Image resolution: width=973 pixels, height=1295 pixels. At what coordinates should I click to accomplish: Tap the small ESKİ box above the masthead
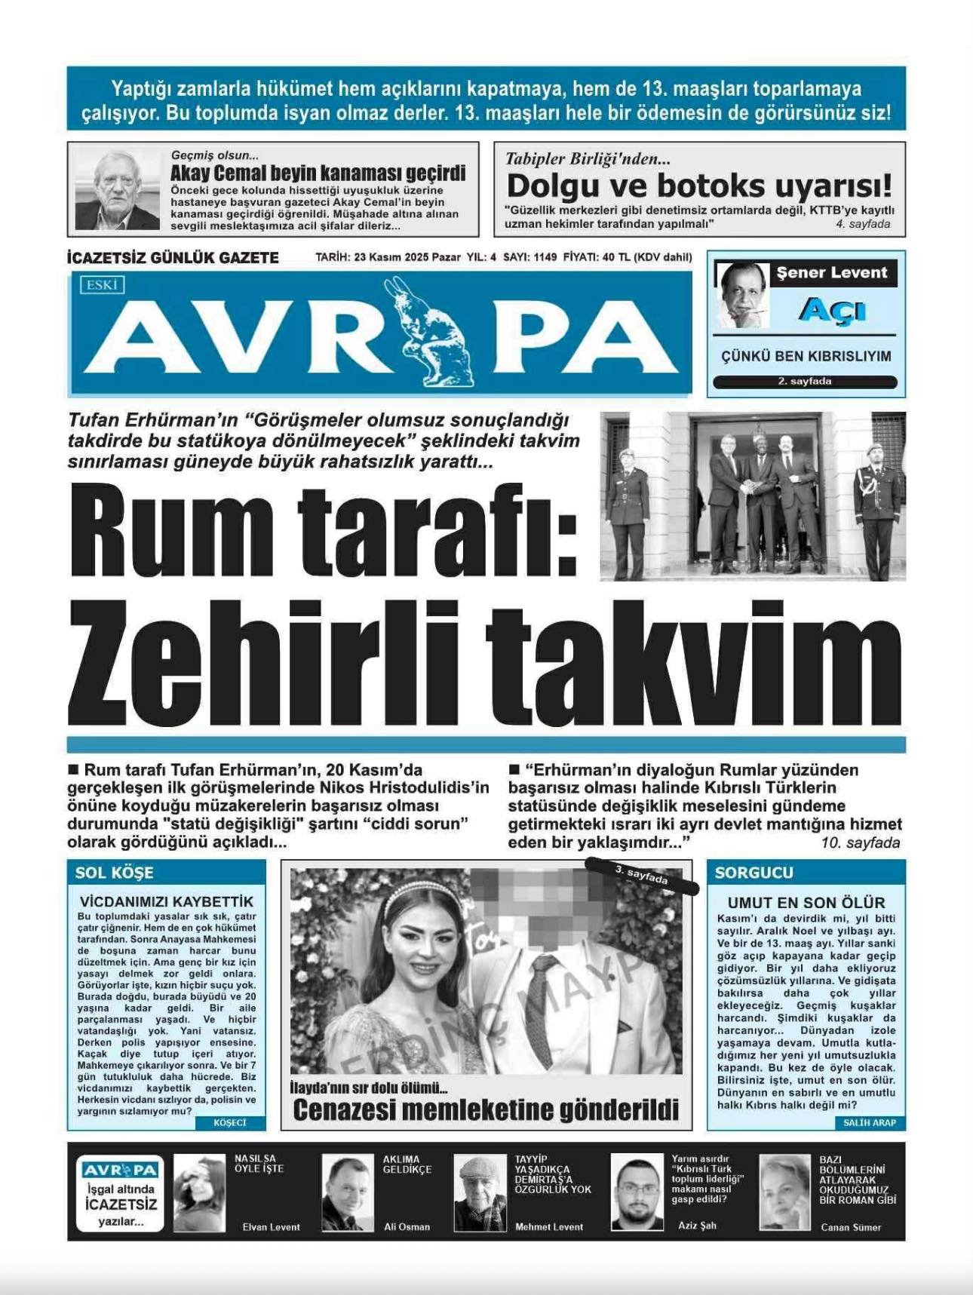point(102,285)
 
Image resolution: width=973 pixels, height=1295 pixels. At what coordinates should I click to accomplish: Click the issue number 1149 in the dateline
point(544,257)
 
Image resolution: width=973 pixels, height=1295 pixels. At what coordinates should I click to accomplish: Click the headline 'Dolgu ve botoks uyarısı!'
point(698,186)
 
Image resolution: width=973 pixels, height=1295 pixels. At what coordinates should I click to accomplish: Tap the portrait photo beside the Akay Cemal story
point(118,189)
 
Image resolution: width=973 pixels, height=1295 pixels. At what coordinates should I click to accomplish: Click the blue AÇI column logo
point(832,310)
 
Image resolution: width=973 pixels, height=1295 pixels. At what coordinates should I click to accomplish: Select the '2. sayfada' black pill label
point(805,382)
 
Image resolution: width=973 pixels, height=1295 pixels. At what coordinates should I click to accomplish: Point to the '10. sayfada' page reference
point(861,843)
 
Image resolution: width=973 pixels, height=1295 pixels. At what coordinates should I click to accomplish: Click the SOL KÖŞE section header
point(114,873)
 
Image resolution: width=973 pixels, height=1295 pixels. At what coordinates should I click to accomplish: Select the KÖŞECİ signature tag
point(230,1123)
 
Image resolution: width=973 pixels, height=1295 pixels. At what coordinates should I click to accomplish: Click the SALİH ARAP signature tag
point(870,1123)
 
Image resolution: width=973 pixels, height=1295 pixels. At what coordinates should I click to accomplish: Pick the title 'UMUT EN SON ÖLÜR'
point(806,902)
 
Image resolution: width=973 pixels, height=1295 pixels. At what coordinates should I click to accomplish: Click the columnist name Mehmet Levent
point(549,1227)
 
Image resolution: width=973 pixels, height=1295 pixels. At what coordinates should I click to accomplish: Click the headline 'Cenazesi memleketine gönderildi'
point(486,1110)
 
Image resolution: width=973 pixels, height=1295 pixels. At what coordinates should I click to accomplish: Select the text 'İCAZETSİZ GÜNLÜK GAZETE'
point(173,258)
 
